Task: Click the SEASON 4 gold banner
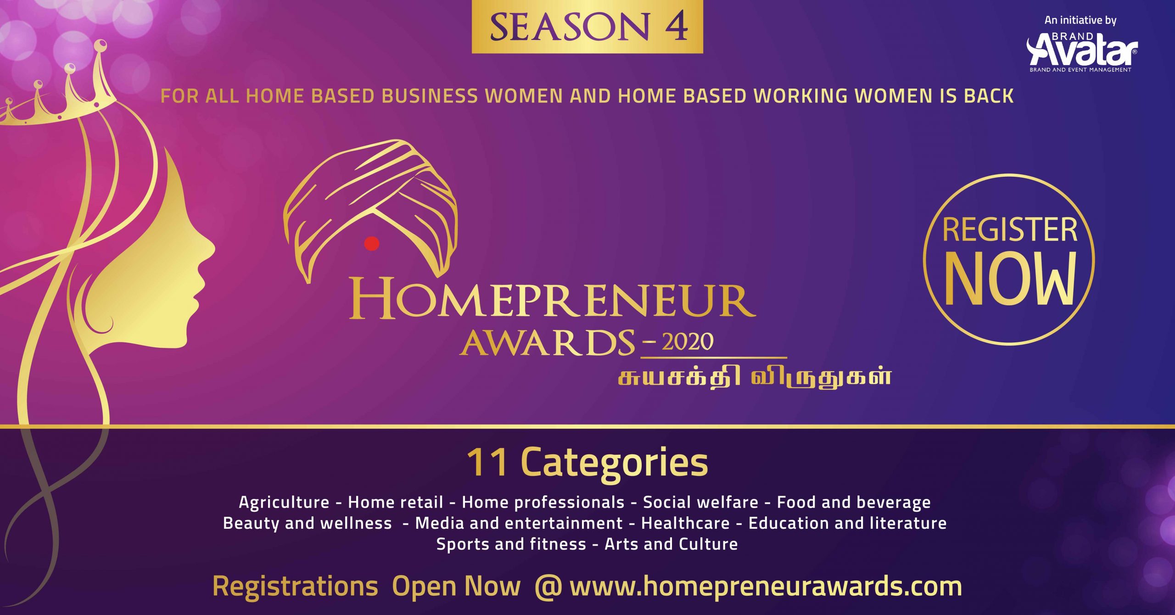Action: [587, 26]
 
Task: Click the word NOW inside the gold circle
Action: [1010, 279]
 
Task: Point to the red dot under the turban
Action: [372, 243]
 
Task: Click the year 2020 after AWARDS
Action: [688, 341]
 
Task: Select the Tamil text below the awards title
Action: [755, 378]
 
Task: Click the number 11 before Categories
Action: [487, 463]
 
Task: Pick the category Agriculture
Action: [284, 503]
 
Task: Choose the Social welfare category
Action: [700, 502]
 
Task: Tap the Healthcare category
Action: [685, 523]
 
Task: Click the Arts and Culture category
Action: [671, 544]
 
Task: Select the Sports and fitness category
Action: [511, 544]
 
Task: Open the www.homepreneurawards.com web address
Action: [766, 587]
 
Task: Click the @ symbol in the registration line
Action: [548, 587]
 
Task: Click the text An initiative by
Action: [1080, 20]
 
